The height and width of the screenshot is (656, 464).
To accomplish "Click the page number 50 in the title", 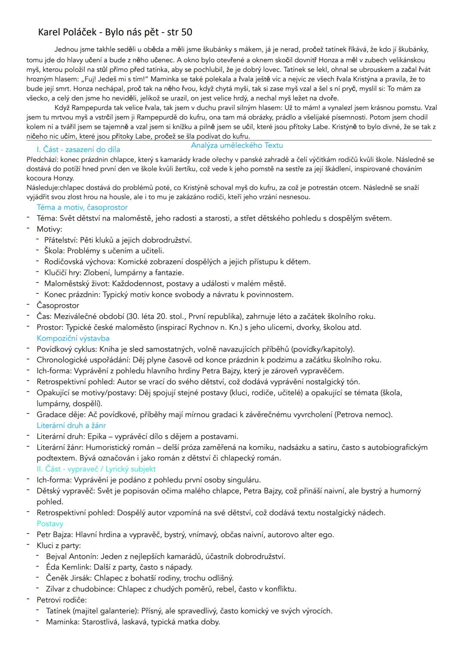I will pyautogui.click(x=186, y=32).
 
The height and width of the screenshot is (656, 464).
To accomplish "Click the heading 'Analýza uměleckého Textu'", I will pyautogui.click(x=237, y=145).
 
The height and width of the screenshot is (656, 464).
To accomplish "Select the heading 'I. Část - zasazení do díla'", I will pyautogui.click(x=78, y=150).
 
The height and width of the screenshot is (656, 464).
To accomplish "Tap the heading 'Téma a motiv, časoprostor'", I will pyautogui.click(x=82, y=207).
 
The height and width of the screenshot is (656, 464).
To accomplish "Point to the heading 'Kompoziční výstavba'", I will pyautogui.click(x=73, y=338).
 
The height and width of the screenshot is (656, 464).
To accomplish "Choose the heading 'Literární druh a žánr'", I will pyautogui.click(x=71, y=425).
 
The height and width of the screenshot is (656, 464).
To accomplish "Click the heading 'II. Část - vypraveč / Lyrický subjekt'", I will pyautogui.click(x=96, y=469).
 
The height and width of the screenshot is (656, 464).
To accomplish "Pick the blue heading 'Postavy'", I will pyautogui.click(x=50, y=523).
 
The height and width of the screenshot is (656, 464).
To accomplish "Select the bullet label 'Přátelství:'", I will pyautogui.click(x=61, y=240).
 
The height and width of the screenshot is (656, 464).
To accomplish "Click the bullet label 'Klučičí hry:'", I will pyautogui.click(x=63, y=272).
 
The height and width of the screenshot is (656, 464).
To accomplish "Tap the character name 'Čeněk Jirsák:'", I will pyautogui.click(x=69, y=578).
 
